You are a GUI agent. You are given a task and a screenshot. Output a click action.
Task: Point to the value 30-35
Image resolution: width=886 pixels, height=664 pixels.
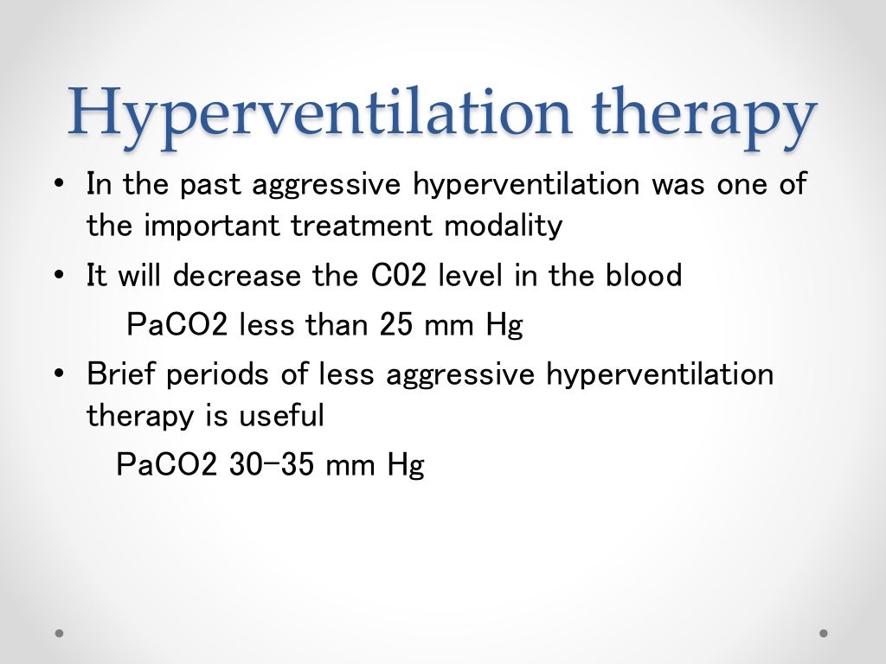pyautogui.click(x=273, y=465)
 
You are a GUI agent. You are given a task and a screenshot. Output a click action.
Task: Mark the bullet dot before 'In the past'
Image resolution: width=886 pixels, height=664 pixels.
pyautogui.click(x=59, y=185)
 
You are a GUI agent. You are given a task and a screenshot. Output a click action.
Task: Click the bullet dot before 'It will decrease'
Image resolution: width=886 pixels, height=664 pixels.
pyautogui.click(x=59, y=277)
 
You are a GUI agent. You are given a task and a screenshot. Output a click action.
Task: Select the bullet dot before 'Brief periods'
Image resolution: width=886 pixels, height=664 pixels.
pyautogui.click(x=59, y=375)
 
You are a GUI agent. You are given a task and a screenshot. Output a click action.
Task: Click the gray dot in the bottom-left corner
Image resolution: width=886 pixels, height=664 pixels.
pyautogui.click(x=60, y=633)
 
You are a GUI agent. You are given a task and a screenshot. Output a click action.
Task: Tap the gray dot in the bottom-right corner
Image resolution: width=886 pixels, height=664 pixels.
pyautogui.click(x=824, y=633)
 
